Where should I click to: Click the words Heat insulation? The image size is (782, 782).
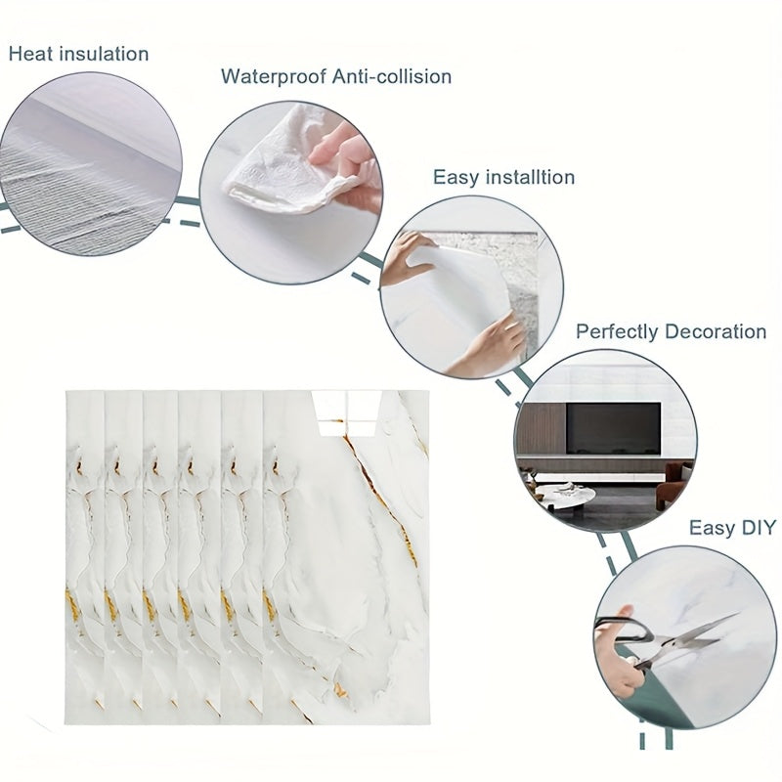click(79, 54)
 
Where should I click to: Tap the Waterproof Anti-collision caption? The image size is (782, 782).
click(336, 76)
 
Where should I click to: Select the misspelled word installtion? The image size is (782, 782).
click(530, 177)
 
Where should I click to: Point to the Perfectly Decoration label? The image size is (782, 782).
click(671, 331)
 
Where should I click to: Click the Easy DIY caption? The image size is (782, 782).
click(732, 527)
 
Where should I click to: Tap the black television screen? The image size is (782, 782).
click(613, 428)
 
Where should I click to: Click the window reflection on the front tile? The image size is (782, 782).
click(347, 413)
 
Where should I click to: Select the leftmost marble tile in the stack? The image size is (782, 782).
click(85, 556)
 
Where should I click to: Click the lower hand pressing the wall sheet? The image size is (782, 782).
click(486, 347)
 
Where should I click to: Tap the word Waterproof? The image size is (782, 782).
click(274, 77)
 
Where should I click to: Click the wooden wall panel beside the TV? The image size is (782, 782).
click(542, 428)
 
